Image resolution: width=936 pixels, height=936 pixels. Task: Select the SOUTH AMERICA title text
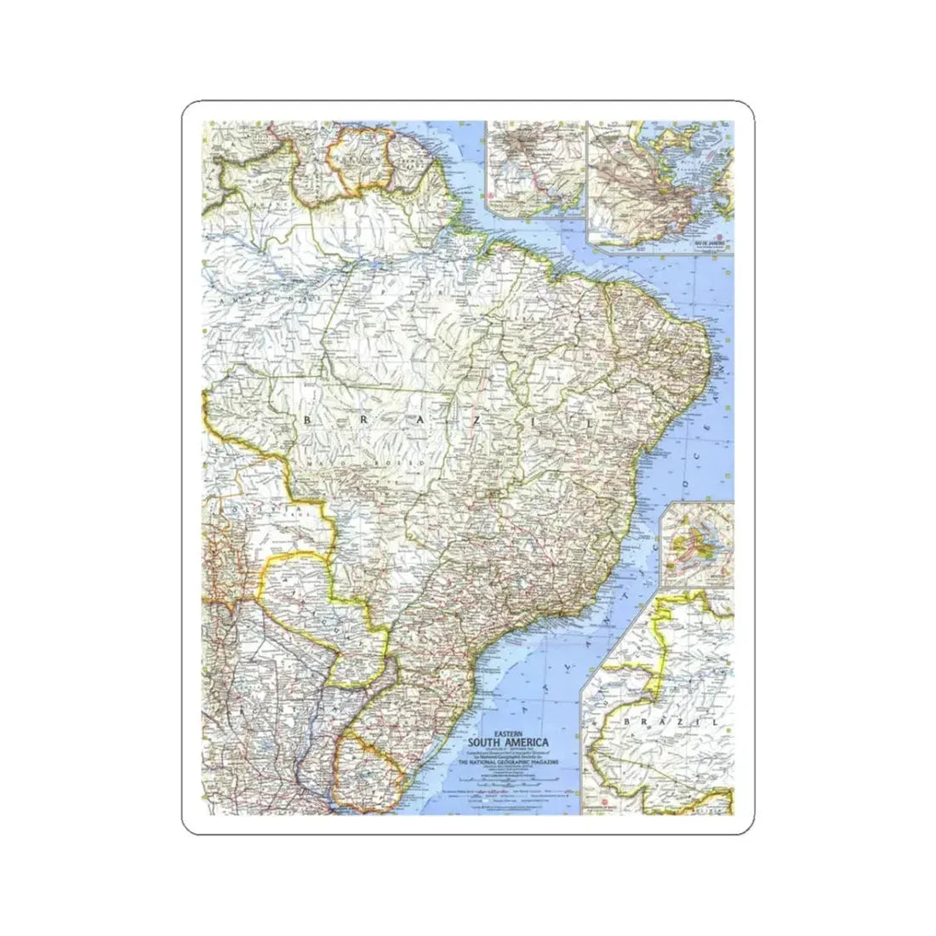[508, 741]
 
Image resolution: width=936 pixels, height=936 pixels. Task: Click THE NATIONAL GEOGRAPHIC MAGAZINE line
[508, 763]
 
